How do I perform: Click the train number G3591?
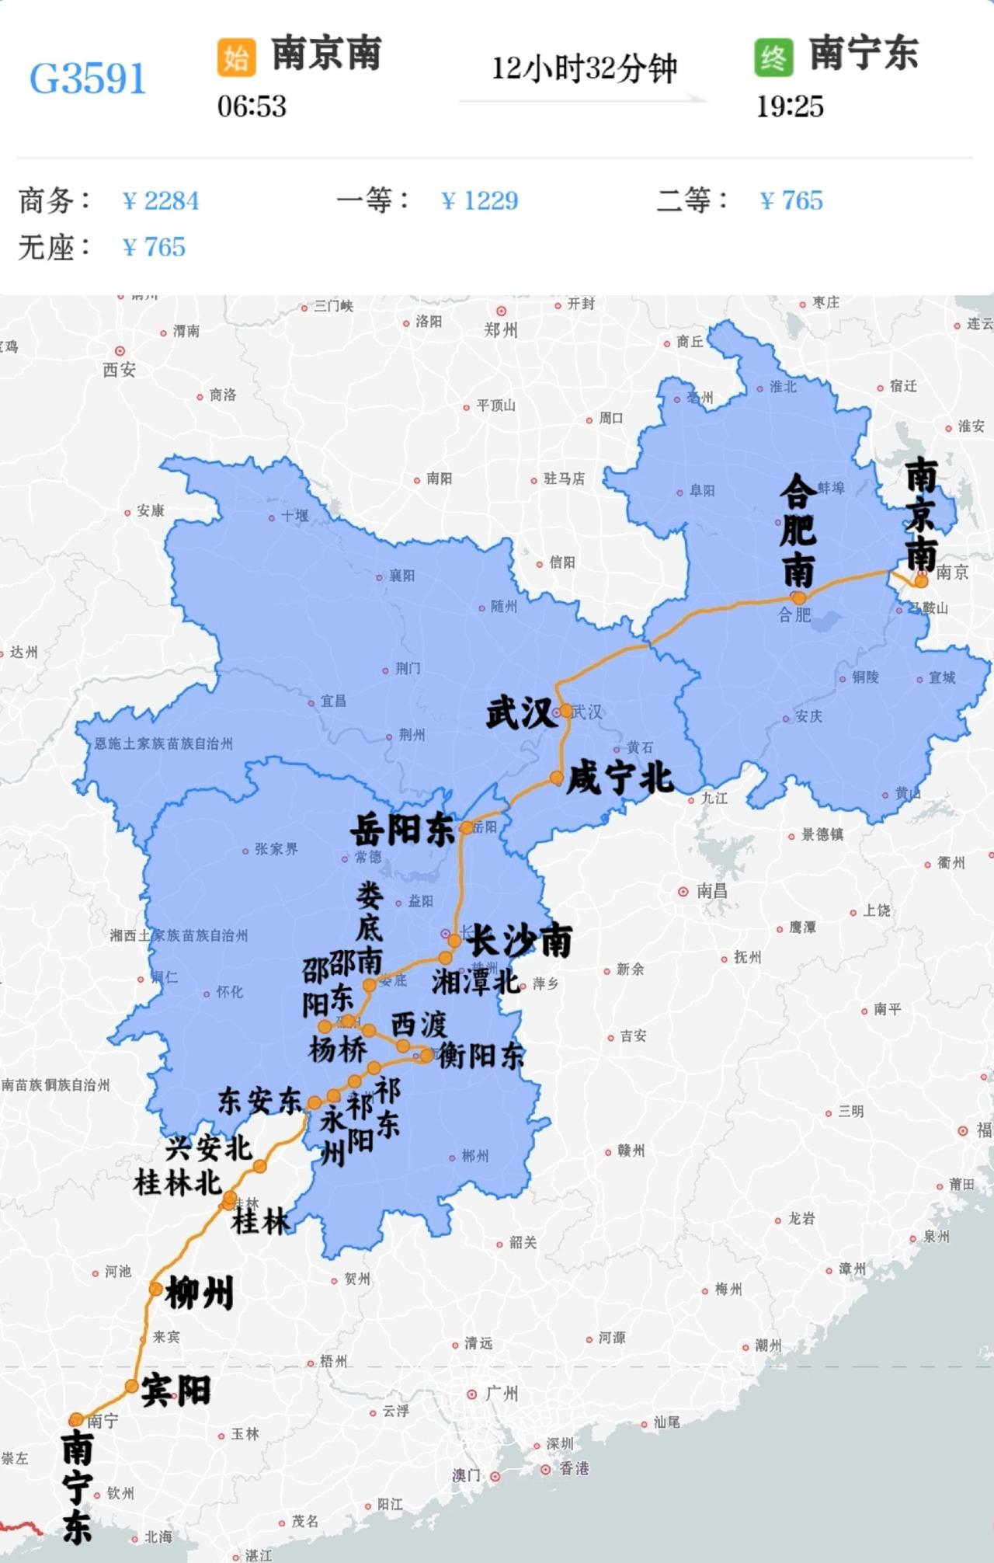pos(88,78)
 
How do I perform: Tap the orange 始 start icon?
pos(236,57)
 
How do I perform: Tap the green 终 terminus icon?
pos(773,57)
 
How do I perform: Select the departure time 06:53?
pos(252,106)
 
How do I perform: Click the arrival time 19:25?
pos(790,106)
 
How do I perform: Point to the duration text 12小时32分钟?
pos(584,69)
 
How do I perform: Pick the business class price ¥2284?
pos(161,201)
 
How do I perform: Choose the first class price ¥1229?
pos(479,201)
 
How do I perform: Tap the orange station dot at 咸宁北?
pos(556,778)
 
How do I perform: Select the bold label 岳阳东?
pos(402,830)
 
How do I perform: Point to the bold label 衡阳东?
pos(481,1055)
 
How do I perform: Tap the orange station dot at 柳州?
pos(155,1290)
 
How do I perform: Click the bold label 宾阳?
pos(176,1391)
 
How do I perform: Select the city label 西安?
pos(119,370)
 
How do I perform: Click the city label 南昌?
pos(711,891)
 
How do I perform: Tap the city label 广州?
pos(501,1394)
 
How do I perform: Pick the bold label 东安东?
pos(259,1102)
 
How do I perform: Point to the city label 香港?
pos(575,1468)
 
